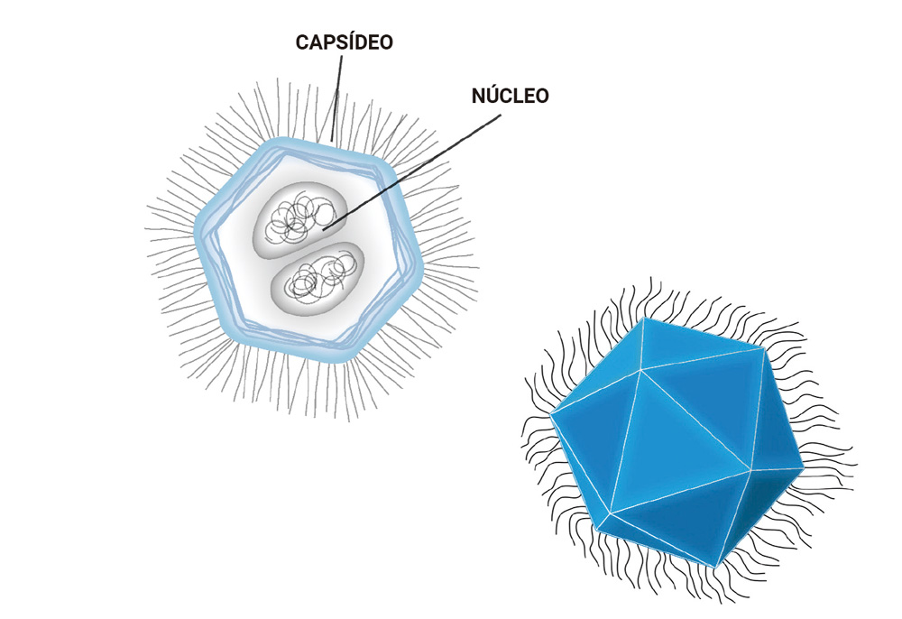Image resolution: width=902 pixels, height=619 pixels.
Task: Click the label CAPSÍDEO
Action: [345, 42]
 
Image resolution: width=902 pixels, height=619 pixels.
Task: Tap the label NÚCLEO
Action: [510, 96]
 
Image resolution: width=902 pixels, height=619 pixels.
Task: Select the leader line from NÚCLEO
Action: [415, 168]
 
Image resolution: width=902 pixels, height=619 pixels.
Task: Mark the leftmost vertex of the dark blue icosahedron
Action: [551, 414]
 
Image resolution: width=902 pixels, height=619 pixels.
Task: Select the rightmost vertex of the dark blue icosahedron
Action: [801, 467]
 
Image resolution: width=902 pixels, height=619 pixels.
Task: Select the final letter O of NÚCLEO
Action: [540, 96]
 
